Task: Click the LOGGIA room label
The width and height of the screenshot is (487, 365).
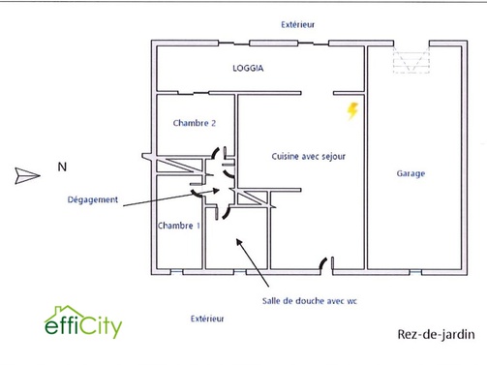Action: click(x=249, y=69)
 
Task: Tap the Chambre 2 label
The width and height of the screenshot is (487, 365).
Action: click(x=194, y=123)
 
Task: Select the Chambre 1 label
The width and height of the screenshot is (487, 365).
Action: click(x=179, y=225)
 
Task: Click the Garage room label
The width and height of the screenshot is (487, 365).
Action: click(x=411, y=174)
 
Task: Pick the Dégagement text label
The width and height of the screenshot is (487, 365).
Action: click(x=93, y=200)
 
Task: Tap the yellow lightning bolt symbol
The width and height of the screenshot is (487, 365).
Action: click(x=352, y=111)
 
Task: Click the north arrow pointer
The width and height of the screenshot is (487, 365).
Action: click(x=25, y=175)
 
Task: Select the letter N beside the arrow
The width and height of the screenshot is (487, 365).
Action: click(x=62, y=167)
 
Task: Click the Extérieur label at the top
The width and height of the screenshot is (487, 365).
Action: click(x=297, y=24)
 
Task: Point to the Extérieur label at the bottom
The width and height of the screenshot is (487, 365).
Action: click(x=207, y=318)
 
